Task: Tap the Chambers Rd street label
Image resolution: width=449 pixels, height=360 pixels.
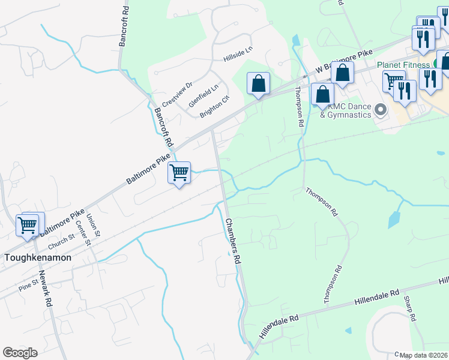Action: click(233, 242)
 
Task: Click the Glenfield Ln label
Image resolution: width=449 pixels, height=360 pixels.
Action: click(200, 95)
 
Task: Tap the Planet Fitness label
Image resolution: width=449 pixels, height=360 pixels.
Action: click(402, 65)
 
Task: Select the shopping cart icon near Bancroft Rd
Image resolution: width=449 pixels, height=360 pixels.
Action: click(179, 173)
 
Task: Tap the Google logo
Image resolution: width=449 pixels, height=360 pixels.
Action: click(20, 353)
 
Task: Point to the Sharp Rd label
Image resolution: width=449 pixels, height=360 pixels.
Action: click(410, 309)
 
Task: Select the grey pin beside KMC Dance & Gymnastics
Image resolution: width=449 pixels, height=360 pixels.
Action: click(380, 110)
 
